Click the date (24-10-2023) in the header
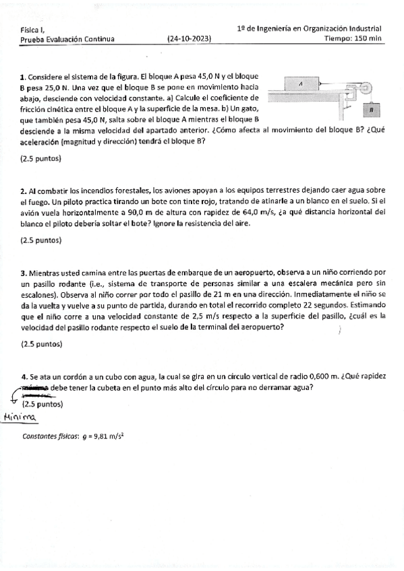click(189, 39)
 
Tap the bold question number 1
click(23, 78)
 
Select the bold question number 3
click(23, 273)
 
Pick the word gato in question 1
click(252, 109)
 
